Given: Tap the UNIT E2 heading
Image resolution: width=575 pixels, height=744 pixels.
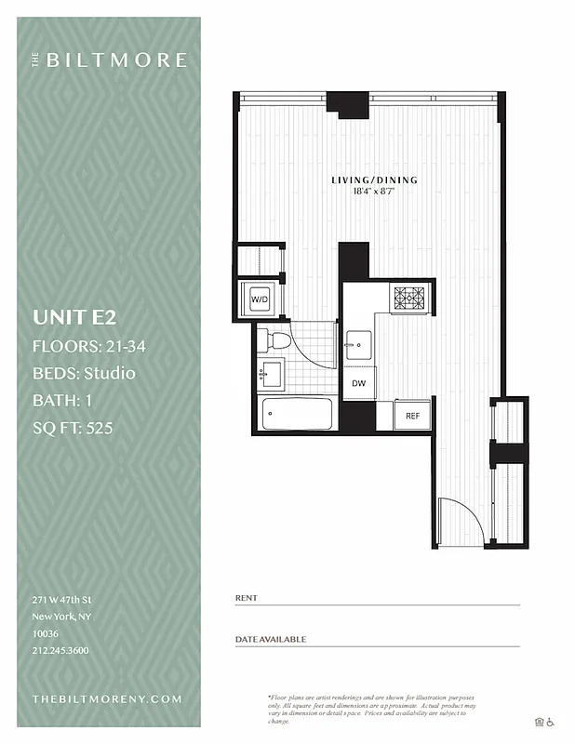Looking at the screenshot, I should click(x=74, y=317).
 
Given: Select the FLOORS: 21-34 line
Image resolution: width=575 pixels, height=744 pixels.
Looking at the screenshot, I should click(x=89, y=347).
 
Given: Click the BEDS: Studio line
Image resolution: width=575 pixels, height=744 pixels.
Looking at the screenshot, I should click(x=84, y=374).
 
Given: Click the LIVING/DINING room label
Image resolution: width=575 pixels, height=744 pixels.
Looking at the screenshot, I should click(x=375, y=179).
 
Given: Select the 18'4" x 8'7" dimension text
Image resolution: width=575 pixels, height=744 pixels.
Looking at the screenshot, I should click(x=375, y=192).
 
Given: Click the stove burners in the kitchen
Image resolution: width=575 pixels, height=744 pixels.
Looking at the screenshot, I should click(x=408, y=298).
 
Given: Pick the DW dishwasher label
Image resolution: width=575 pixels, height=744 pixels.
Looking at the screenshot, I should click(x=358, y=382).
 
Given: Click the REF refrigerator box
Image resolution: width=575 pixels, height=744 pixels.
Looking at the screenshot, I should click(x=411, y=415).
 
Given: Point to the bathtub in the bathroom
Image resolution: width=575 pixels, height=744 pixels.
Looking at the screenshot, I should click(x=297, y=413).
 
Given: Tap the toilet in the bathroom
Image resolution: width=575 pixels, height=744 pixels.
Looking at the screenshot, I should click(x=276, y=339).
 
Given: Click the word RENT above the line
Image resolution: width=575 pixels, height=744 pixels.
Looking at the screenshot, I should click(x=247, y=598).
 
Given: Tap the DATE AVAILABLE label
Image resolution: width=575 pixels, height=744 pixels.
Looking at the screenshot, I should click(x=271, y=640).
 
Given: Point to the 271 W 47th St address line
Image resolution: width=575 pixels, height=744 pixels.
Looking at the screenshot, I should click(x=61, y=601).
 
